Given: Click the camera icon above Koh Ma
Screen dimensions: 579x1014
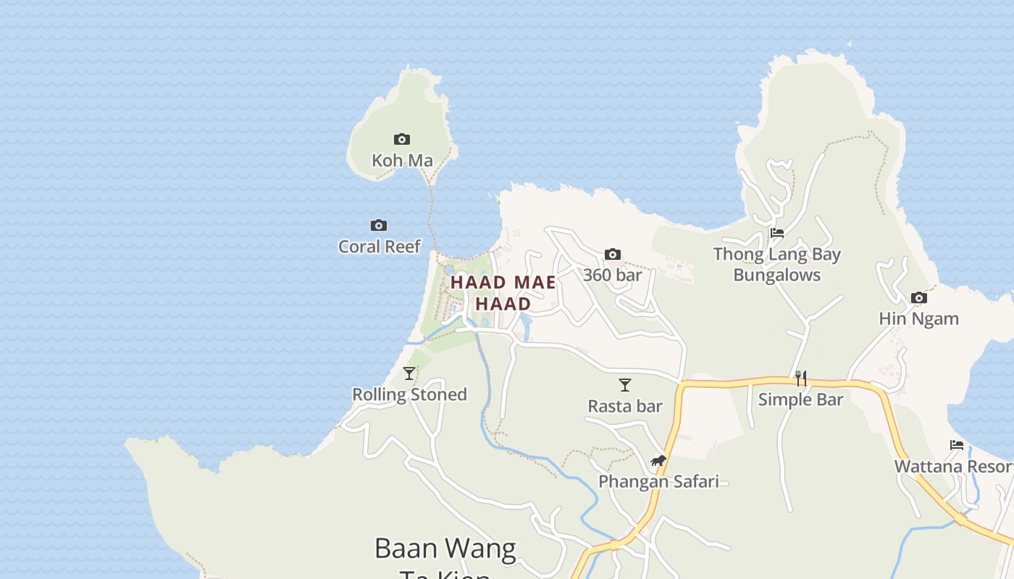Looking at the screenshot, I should (402, 139).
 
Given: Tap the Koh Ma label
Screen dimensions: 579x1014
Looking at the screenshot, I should (402, 161).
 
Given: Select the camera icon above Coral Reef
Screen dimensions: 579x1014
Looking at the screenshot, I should (379, 226).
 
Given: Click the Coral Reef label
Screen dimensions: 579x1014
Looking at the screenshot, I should (380, 247).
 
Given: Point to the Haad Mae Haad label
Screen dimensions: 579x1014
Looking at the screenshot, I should (503, 293).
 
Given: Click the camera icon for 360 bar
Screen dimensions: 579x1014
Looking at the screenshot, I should (613, 254).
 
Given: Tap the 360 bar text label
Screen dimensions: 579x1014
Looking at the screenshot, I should (613, 275).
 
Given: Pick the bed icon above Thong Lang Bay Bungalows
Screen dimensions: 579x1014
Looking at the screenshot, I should (777, 233).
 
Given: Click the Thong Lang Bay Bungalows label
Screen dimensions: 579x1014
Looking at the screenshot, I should (777, 264).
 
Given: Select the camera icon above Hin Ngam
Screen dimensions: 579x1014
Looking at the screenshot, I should (918, 297).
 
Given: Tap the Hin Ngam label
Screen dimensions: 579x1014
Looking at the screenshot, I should (918, 318).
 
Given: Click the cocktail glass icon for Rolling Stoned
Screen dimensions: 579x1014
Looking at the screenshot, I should (409, 373).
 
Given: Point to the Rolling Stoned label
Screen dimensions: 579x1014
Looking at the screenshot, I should (409, 394).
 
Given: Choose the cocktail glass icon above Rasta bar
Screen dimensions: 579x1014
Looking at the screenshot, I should (625, 385).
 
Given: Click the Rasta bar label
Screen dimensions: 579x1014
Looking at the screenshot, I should (625, 406).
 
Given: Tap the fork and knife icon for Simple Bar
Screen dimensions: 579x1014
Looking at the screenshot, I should (801, 379).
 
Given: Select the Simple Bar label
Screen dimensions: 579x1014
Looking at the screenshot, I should (801, 400).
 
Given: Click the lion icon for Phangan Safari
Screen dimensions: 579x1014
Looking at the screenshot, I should (658, 460).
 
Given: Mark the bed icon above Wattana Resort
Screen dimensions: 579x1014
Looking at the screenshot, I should (957, 445).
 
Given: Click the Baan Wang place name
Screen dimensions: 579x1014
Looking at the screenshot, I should (445, 549).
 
